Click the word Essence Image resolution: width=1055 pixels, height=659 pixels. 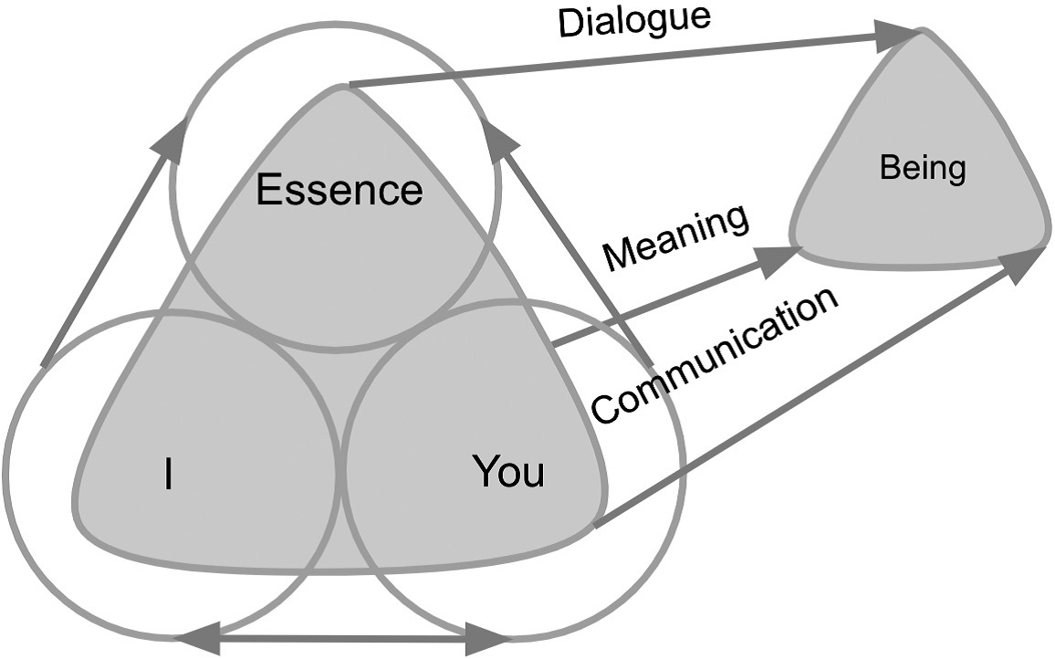pyautogui.click(x=339, y=191)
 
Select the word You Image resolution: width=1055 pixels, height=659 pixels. pyautogui.click(x=508, y=473)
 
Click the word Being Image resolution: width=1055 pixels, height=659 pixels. pyautogui.click(x=922, y=169)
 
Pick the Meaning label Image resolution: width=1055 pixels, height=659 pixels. pyautogui.click(x=676, y=238)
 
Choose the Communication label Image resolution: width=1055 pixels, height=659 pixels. pyautogui.click(x=715, y=355)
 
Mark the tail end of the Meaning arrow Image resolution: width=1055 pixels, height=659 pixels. pyautogui.click(x=556, y=345)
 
